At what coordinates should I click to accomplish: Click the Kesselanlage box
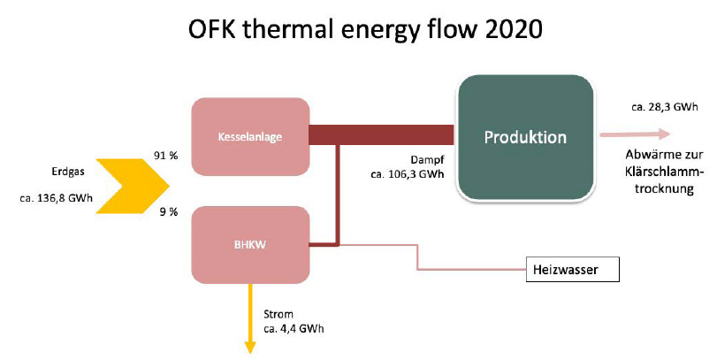(250, 137)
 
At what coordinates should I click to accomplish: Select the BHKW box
(250, 245)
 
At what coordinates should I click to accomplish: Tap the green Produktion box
(526, 137)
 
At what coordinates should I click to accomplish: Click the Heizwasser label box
(573, 269)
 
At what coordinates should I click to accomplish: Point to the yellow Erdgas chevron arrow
(133, 186)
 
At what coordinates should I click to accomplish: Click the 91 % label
(165, 156)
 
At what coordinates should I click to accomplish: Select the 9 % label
(168, 211)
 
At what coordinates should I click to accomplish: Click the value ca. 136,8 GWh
(57, 198)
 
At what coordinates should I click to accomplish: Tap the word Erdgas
(68, 172)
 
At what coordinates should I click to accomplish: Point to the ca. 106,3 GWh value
(407, 174)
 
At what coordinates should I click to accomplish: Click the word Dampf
(427, 159)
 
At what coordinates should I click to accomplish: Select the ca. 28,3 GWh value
(665, 107)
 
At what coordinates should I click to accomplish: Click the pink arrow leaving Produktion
(635, 134)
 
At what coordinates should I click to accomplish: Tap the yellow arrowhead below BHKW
(250, 348)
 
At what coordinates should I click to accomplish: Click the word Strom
(278, 314)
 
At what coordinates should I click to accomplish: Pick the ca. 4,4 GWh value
(294, 329)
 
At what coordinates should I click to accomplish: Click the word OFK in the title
(210, 28)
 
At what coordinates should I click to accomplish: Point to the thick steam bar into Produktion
(381, 135)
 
